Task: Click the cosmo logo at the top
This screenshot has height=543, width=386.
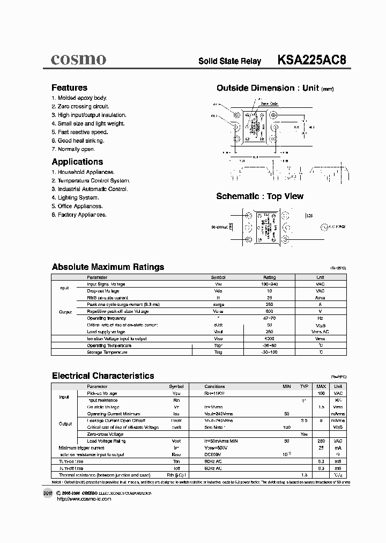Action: pyautogui.click(x=78, y=60)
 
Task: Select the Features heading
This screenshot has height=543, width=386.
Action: pyautogui.click(x=69, y=87)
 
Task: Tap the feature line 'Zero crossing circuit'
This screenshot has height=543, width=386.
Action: pyautogui.click(x=80, y=107)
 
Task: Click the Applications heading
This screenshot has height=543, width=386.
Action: pyautogui.click(x=77, y=162)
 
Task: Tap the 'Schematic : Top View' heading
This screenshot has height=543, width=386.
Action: pyautogui.click(x=259, y=196)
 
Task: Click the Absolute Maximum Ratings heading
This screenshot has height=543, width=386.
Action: pyautogui.click(x=108, y=267)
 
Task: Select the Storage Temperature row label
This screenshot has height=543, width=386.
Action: pyautogui.click(x=107, y=353)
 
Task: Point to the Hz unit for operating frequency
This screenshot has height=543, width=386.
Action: pyautogui.click(x=320, y=318)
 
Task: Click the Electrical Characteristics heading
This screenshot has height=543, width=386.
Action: pyautogui.click(x=103, y=376)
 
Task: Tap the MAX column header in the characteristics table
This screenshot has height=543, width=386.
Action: pyautogui.click(x=321, y=386)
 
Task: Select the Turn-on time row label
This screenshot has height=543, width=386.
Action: pyautogui.click(x=72, y=461)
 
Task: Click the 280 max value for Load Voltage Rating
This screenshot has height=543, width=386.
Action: pyautogui.click(x=321, y=441)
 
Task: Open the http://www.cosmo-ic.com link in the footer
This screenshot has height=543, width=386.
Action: pyautogui.click(x=83, y=499)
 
